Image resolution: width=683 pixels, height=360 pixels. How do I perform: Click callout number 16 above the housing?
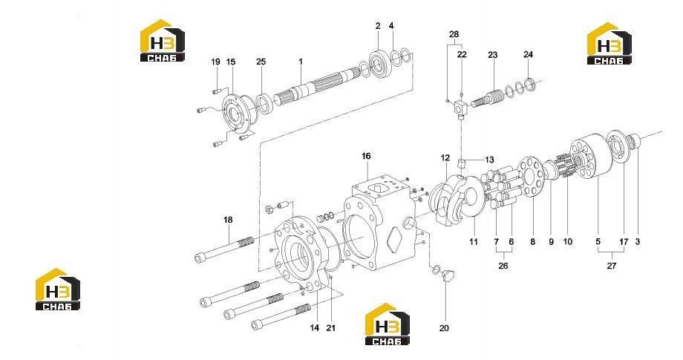[x=366, y=156]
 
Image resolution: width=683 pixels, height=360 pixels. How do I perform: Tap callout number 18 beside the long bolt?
[x=228, y=220]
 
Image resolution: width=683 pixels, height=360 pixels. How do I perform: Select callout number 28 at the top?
[x=454, y=34]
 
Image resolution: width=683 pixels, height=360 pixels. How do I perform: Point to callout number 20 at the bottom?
[x=444, y=328]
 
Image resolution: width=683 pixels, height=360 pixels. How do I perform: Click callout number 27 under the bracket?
[x=612, y=266]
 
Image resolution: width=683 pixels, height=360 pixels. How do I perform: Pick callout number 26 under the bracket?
[x=503, y=266]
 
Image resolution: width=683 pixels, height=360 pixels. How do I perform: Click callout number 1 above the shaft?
[x=301, y=62]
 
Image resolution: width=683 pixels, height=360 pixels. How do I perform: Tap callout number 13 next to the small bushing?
[x=489, y=160]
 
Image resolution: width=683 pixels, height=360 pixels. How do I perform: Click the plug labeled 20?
[x=448, y=275]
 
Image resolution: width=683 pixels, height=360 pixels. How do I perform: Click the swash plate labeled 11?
[x=460, y=200]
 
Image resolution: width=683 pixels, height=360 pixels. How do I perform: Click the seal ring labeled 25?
[x=264, y=103]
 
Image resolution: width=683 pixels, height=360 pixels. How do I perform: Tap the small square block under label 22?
[x=461, y=108]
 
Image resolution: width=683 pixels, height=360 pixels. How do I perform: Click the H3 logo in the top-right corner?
[x=609, y=44]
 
